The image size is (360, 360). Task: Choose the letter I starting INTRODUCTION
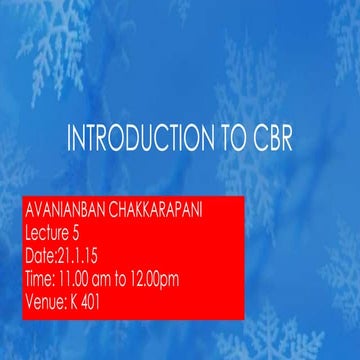coord(69,139)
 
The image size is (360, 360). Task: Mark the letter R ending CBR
coord(286,139)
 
